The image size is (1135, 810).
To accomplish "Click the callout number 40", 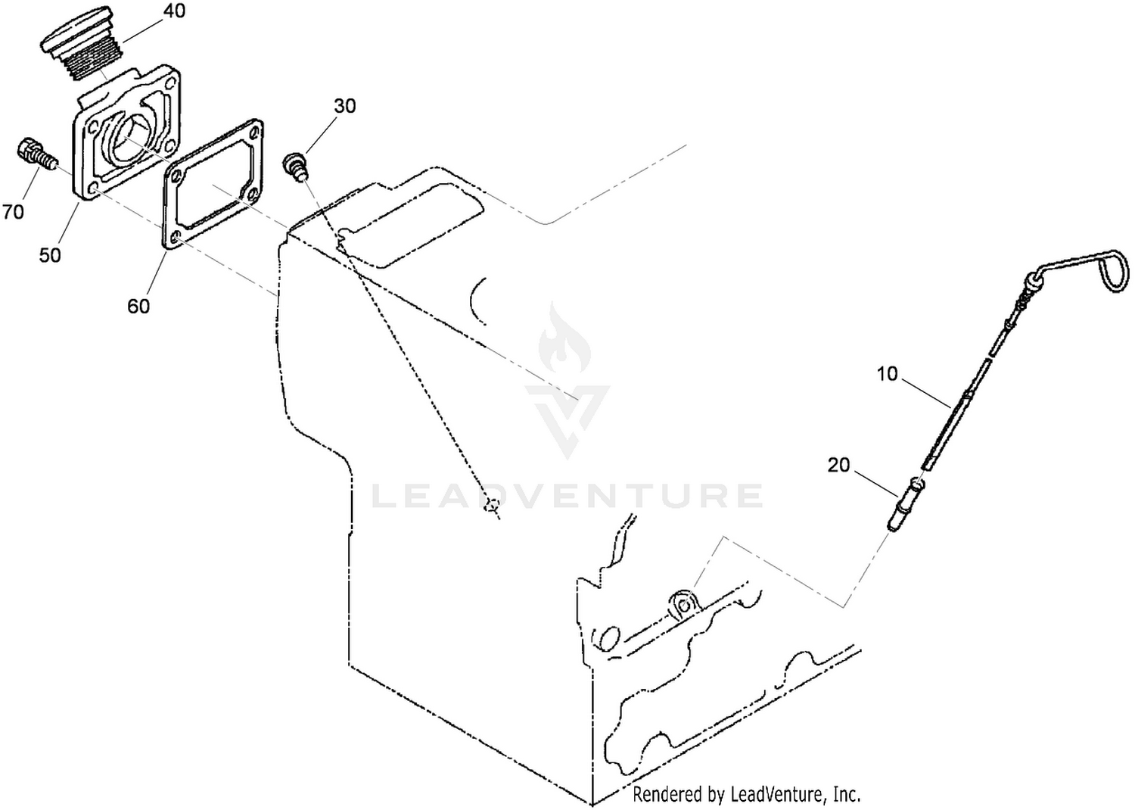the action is (174, 11).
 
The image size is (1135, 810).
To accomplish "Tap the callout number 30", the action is (344, 106).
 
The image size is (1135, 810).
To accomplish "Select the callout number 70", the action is (13, 212).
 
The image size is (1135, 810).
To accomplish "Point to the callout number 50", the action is (50, 255).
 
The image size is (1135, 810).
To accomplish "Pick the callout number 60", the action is (138, 306).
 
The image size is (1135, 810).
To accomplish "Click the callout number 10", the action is (887, 374).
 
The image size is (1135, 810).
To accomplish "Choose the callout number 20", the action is (838, 465).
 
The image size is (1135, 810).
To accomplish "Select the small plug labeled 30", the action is (296, 167).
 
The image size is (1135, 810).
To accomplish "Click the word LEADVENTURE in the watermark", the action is (567, 496).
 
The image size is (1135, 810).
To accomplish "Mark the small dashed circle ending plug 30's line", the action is (491, 505).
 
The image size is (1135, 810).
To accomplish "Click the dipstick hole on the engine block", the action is (684, 605).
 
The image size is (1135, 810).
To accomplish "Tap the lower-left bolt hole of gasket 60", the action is (175, 238).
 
